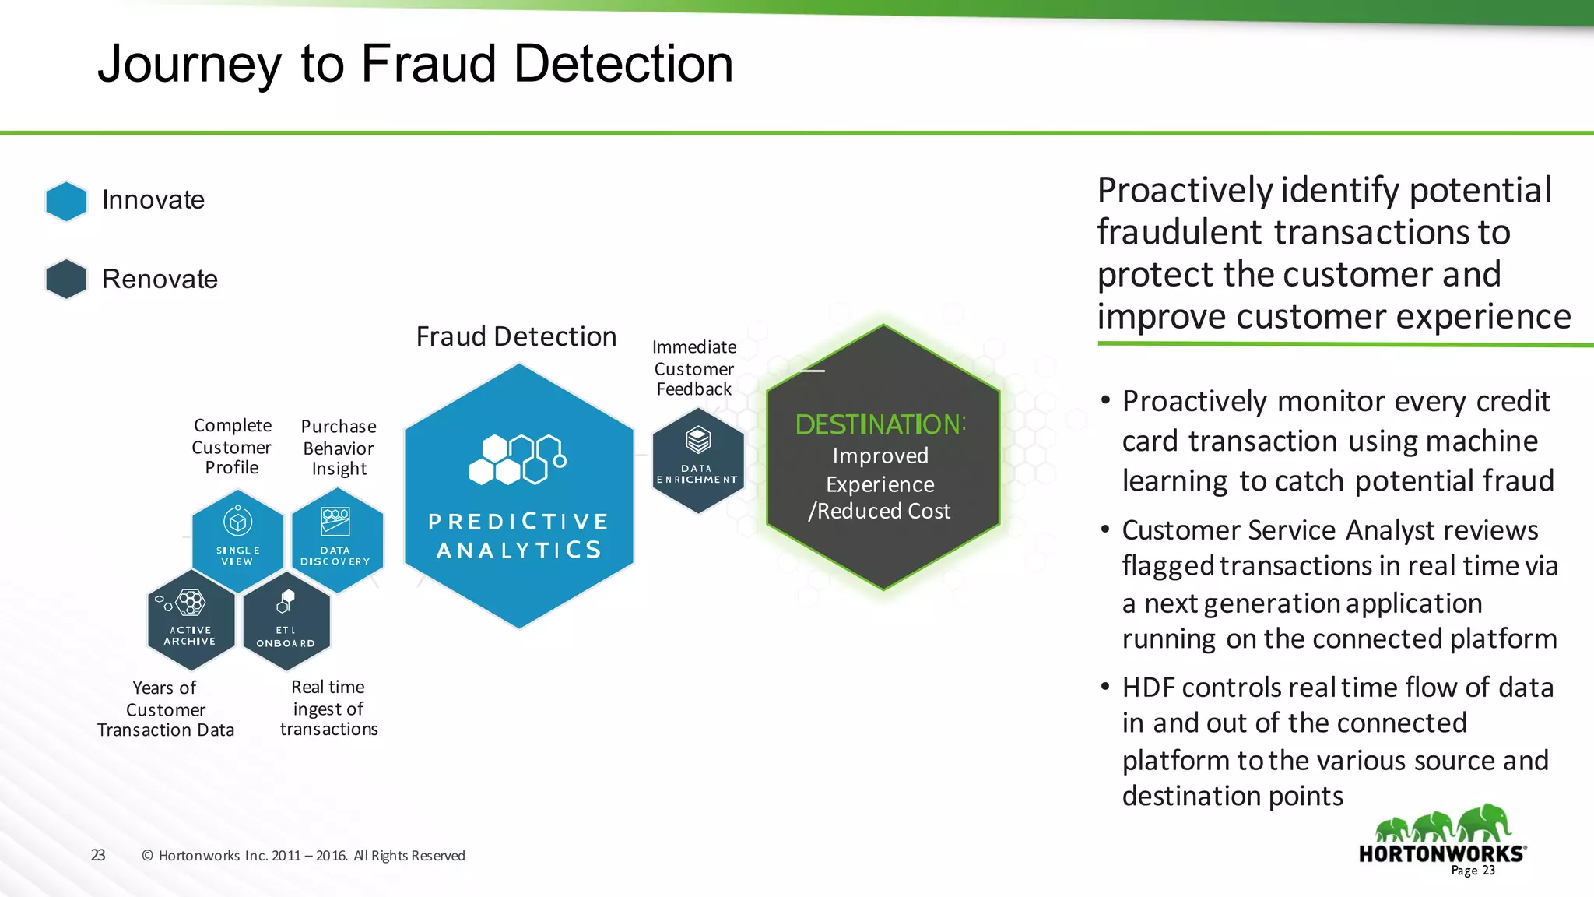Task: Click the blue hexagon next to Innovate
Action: click(66, 201)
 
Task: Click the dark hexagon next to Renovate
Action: click(66, 279)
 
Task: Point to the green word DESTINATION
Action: click(880, 424)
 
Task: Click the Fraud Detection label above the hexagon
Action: click(516, 336)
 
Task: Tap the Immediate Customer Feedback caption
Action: click(694, 368)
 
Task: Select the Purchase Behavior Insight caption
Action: click(339, 448)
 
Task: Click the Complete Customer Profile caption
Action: click(232, 446)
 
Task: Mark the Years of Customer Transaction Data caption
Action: click(165, 709)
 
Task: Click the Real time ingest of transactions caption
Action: click(328, 709)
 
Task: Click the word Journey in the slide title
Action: click(189, 64)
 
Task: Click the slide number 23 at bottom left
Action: click(98, 855)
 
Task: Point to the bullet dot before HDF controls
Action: click(1104, 687)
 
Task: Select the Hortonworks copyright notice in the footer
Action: click(304, 856)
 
